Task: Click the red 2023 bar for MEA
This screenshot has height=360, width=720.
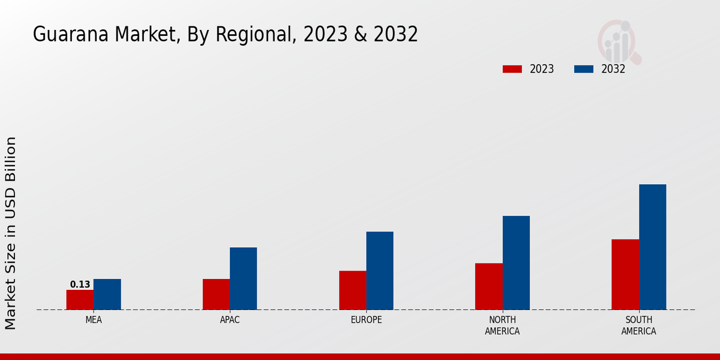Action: pos(80,300)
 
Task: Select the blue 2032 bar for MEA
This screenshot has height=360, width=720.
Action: pos(107,295)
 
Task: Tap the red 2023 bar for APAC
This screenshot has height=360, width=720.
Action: pos(216,295)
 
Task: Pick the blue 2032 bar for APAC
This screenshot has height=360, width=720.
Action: pos(243,278)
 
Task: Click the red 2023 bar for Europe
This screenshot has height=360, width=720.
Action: pos(352,290)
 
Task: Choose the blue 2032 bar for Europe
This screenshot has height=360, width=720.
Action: pos(380,271)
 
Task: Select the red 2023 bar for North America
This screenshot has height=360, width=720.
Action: pos(488,286)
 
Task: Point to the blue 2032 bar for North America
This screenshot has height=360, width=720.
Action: pos(516,263)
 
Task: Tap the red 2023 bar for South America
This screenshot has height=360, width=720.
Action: pos(625,274)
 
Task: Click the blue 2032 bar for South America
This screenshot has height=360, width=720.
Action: pos(652,247)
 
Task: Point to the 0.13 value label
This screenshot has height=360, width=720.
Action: pos(80,284)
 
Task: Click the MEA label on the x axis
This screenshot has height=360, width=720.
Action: pos(94,320)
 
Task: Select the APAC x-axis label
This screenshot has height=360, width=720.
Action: pos(230,320)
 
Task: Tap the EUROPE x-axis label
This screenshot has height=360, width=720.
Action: pos(366,320)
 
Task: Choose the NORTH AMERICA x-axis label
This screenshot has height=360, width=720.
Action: pos(502,325)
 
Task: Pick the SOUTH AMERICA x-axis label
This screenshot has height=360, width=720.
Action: pos(638,325)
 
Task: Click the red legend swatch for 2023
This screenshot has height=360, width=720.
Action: pos(512,69)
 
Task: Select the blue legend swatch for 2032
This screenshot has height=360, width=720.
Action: pos(583,69)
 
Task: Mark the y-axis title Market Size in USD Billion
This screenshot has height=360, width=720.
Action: pos(11,233)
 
